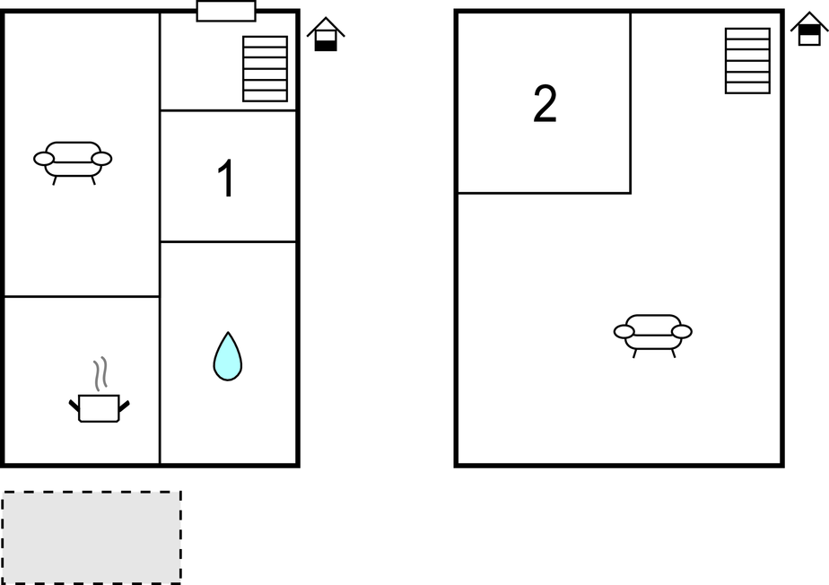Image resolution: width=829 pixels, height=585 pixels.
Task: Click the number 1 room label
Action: click(x=226, y=179)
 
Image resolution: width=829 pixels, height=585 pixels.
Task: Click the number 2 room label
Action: click(x=545, y=104)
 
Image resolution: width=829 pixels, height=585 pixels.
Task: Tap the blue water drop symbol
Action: click(x=228, y=356)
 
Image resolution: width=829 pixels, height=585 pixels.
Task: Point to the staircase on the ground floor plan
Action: click(x=265, y=69)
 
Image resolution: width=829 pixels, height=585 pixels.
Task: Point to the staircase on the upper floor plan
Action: click(x=747, y=61)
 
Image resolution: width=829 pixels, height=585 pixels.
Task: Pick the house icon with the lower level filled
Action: click(x=326, y=34)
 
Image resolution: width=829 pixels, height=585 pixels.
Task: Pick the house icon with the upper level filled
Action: click(x=809, y=29)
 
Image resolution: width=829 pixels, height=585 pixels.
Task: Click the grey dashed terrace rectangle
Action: click(x=92, y=537)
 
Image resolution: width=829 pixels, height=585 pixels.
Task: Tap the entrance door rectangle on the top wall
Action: click(x=226, y=11)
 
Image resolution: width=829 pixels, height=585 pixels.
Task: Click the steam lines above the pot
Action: click(x=100, y=373)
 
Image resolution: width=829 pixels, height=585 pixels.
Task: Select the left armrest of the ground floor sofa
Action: click(x=43, y=159)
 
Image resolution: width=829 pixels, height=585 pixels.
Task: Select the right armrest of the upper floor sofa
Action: click(x=682, y=332)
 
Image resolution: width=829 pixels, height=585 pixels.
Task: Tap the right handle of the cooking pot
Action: click(x=124, y=406)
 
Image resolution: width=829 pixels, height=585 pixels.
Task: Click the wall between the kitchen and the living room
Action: click(x=82, y=297)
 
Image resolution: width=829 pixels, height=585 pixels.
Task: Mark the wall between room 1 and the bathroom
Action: click(x=228, y=241)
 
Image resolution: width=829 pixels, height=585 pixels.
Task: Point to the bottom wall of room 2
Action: click(x=544, y=193)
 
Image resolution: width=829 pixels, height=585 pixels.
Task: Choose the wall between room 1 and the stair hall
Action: click(x=228, y=110)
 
